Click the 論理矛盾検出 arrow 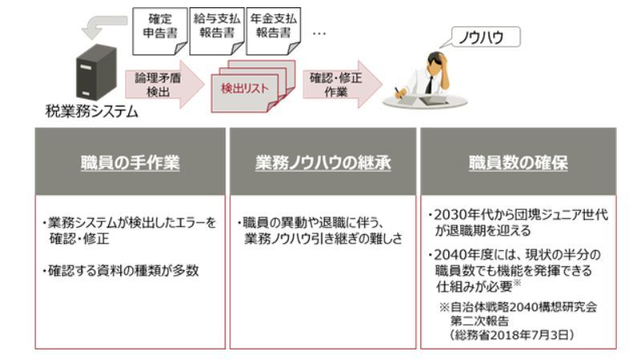[157, 83]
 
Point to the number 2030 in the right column [448, 215]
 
